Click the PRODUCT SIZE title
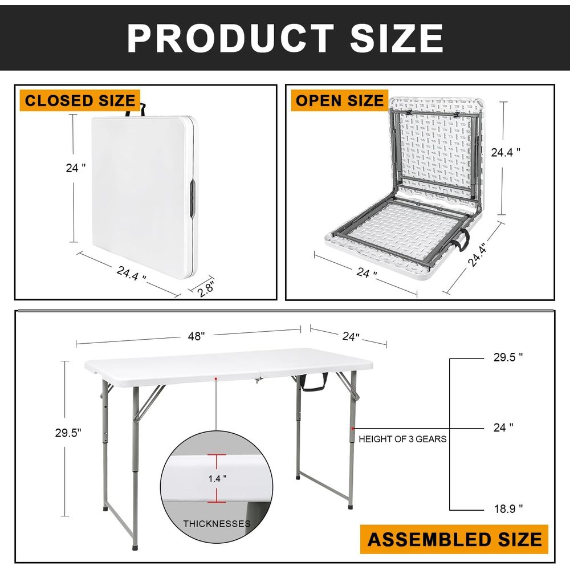coord(285,38)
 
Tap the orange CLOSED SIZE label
coord(80,100)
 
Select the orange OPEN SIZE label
coord(340,100)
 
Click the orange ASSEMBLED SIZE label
coord(454,539)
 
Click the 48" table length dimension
coord(196,336)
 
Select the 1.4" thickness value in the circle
coord(217,478)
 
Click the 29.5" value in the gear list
coord(508,357)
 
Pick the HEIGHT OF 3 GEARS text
coord(402,439)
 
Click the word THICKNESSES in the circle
coord(217,524)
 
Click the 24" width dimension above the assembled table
coord(351,337)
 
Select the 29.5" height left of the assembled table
coord(68,433)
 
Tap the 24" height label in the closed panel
coord(76,168)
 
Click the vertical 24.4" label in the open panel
coord(505,152)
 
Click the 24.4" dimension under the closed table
coord(131,274)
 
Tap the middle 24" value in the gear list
coord(503,427)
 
